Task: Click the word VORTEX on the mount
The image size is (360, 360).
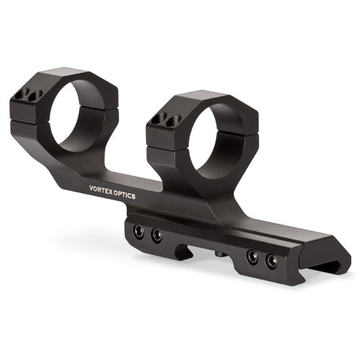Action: [x=100, y=189]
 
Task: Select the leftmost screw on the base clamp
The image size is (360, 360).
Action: [x=139, y=232]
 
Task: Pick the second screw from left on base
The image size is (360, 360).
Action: [x=156, y=235]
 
